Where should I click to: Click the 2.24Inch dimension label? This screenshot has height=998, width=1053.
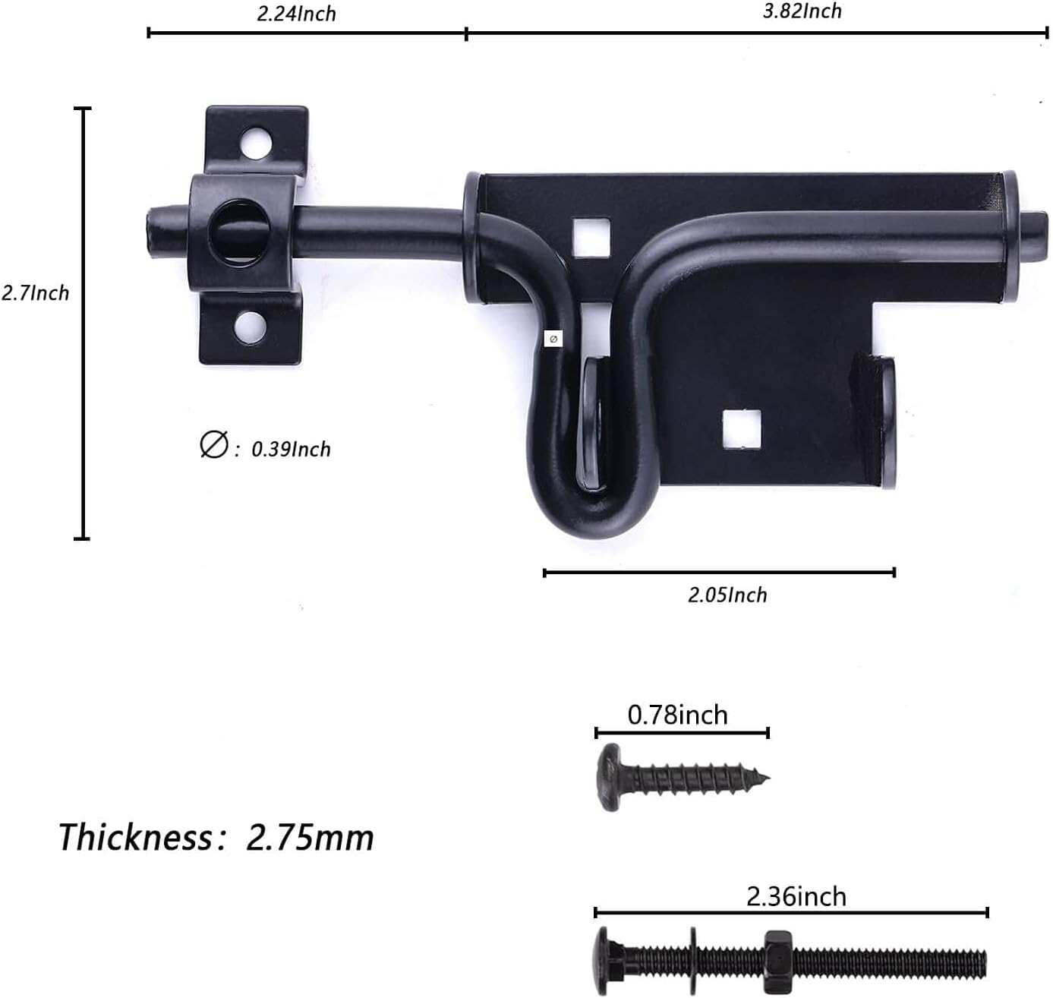pyautogui.click(x=296, y=14)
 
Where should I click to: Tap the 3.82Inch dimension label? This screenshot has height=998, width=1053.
pyautogui.click(x=802, y=11)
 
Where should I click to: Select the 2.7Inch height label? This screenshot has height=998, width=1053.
pyautogui.click(x=35, y=293)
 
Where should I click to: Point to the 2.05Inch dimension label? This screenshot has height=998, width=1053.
pyautogui.click(x=727, y=595)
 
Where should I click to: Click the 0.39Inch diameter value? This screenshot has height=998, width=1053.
pyautogui.click(x=291, y=449)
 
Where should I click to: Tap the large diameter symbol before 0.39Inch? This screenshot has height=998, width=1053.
pyautogui.click(x=213, y=444)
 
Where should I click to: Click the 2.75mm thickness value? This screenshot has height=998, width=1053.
pyautogui.click(x=310, y=838)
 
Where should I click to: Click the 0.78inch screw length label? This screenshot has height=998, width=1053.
pyautogui.click(x=677, y=715)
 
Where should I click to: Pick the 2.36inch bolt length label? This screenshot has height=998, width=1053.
pyautogui.click(x=796, y=896)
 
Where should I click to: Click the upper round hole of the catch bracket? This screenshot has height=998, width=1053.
pyautogui.click(x=256, y=143)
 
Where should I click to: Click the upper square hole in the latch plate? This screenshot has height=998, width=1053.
pyautogui.click(x=591, y=236)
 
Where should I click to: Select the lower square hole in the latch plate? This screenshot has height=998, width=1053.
pyautogui.click(x=741, y=428)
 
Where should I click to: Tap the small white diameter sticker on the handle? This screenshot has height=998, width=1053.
pyautogui.click(x=553, y=339)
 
